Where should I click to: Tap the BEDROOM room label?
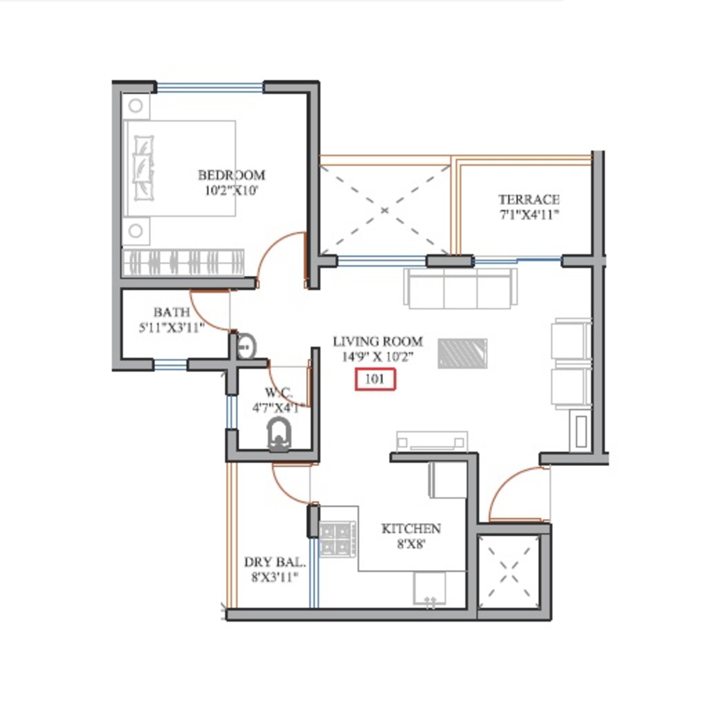point(231,175)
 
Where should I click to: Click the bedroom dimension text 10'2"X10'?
point(231,191)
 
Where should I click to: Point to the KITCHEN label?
point(411,529)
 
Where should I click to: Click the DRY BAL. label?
point(275,563)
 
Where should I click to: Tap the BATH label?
point(171,312)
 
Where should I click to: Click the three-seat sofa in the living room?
point(460,289)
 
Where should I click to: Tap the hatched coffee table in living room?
point(462,354)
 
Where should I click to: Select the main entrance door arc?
point(508,486)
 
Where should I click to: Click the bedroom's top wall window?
point(210,88)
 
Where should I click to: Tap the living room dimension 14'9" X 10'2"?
point(378,357)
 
